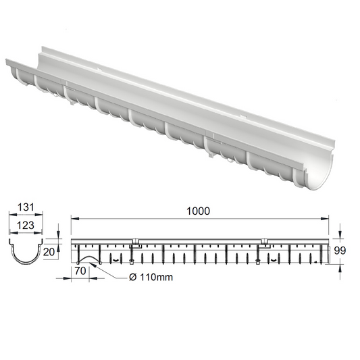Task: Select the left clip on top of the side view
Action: [x=135, y=242]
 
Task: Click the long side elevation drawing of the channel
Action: [x=199, y=252]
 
